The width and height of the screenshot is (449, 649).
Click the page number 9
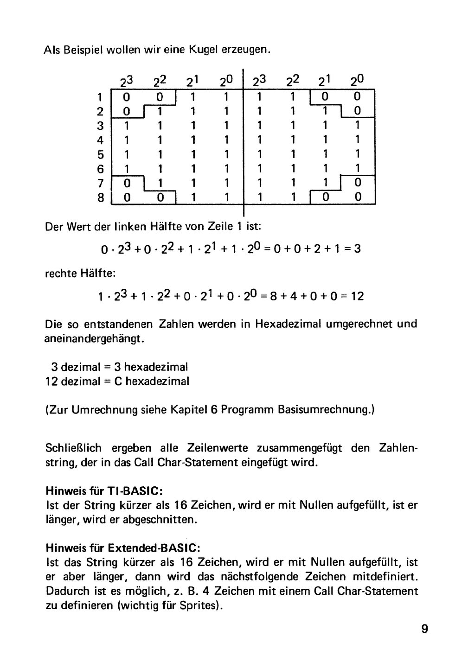point(425,629)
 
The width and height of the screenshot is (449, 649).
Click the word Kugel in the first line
point(203,50)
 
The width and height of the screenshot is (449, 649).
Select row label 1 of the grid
point(100,97)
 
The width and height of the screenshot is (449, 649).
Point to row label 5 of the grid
point(100,154)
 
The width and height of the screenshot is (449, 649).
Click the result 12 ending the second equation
point(357,296)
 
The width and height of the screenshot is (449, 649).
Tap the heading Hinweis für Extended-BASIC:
point(123,547)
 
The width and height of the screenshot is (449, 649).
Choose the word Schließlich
point(75,448)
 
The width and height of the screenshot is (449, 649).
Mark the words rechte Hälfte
point(73,274)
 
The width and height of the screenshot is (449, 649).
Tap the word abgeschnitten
point(160,519)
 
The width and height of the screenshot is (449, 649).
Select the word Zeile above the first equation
point(226,227)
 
